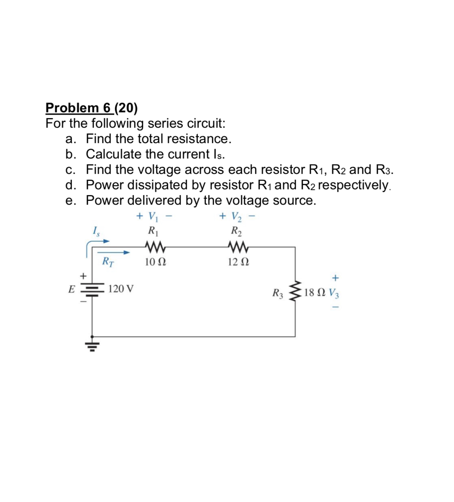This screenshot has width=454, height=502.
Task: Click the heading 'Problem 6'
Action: (x=79, y=108)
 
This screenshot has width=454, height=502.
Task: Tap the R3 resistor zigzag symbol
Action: (x=295, y=291)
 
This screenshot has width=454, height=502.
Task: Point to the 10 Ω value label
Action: (x=156, y=262)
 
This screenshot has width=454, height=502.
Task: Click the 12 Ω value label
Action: (x=238, y=262)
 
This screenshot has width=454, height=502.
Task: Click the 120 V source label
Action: (x=121, y=288)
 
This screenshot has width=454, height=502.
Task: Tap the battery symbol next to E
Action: (x=92, y=289)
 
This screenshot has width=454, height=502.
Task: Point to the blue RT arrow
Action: (x=116, y=253)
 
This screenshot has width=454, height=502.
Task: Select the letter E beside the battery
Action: (x=71, y=289)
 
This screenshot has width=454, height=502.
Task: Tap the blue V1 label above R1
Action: (x=153, y=217)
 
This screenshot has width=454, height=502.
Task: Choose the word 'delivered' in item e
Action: (x=154, y=200)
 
